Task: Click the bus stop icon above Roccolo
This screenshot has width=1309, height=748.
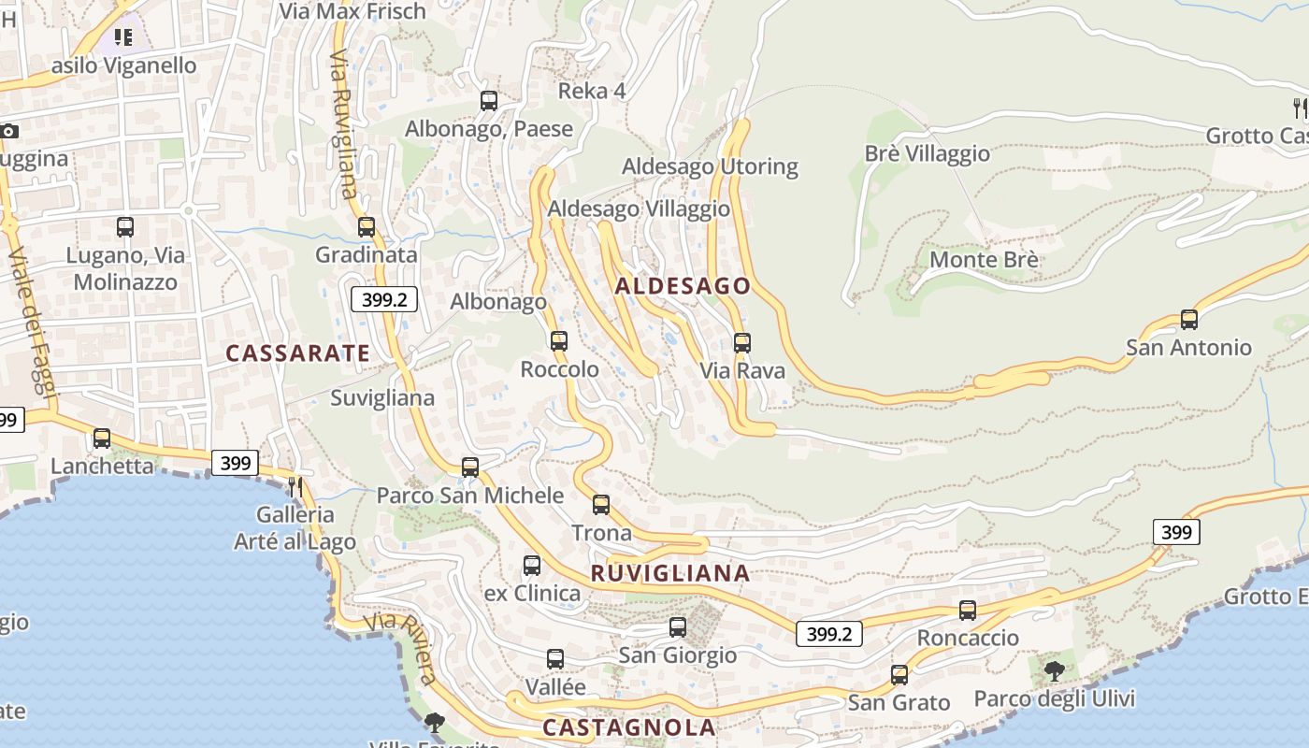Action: [559, 341]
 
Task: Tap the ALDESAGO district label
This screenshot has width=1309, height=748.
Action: [683, 286]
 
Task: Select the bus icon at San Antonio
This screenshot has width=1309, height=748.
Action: [1189, 320]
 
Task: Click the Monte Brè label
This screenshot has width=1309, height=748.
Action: [984, 259]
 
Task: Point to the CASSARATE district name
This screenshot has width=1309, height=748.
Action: [298, 353]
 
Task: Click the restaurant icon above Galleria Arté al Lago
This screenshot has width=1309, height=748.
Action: [295, 486]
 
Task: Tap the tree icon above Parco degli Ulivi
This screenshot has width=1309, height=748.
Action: [1054, 670]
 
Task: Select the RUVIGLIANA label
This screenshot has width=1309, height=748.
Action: [670, 573]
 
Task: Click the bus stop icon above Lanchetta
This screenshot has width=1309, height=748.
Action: [102, 438]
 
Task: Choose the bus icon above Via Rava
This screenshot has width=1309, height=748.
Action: [742, 343]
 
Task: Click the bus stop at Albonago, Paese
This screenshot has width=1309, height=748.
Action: [489, 101]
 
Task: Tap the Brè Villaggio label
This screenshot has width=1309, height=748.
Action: [927, 153]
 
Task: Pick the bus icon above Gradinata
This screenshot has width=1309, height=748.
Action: [367, 227]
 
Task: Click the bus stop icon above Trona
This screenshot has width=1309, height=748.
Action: [601, 505]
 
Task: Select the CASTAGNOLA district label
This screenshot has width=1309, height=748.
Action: [628, 727]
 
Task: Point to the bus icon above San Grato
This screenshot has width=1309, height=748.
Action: [899, 674]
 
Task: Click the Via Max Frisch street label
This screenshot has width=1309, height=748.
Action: [353, 11]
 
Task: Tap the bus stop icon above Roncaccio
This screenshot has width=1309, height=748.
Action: [968, 611]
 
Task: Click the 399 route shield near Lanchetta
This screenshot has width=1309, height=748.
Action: [235, 462]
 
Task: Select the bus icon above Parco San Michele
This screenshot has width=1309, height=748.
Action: [470, 467]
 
